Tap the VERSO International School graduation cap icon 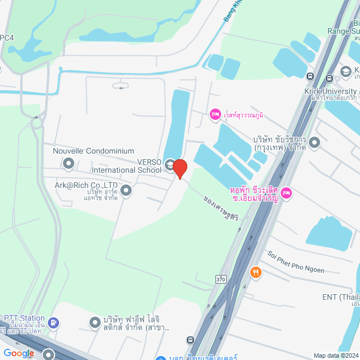click(x=170, y=163)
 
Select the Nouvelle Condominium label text click(x=93, y=151)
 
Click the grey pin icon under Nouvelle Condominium click(x=69, y=164)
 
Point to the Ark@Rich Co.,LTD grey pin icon click(x=126, y=191)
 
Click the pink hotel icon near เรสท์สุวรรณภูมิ click(x=214, y=115)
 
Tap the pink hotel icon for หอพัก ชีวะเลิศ click(x=286, y=193)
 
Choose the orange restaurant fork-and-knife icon click(x=256, y=273)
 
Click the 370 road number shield click(x=222, y=278)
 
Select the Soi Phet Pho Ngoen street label click(x=296, y=262)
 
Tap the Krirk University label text click(x=331, y=91)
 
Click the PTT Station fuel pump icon click(x=53, y=322)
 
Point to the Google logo click(x=19, y=353)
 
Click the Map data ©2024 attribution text click(x=335, y=355)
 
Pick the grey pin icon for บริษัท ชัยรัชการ click(x=314, y=143)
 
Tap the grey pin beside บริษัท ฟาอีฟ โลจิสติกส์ click(x=95, y=322)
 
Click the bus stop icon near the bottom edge click(x=191, y=340)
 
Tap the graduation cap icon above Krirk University click(x=345, y=71)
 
